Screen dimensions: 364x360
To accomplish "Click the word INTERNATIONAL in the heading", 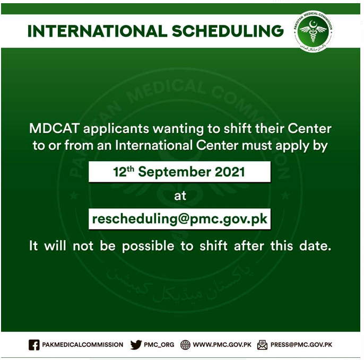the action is pos(97,31).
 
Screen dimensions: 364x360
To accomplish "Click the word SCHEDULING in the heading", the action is pos(228,31).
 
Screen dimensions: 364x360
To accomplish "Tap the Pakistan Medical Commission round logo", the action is pos(313,31).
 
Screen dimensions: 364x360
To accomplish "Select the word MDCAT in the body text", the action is pos(55,128).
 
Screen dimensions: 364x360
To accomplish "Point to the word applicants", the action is pos(116,129).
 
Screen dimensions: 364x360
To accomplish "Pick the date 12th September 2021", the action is pos(179,172).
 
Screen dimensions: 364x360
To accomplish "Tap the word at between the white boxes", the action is pos(180,196).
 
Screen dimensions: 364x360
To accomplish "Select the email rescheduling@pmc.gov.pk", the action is pos(180,219).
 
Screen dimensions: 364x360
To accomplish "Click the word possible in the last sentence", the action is pos(148,246).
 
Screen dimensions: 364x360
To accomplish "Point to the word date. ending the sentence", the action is pos(315,245).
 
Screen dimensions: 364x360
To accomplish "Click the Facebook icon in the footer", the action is pos(34,345).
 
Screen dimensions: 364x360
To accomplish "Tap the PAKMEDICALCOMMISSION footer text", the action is pos(83,345).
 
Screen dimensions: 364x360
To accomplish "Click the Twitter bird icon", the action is pos(136,345).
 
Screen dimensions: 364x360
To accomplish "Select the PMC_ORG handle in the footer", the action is pos(159,345).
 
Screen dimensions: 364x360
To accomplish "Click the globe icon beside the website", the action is pos(185,345).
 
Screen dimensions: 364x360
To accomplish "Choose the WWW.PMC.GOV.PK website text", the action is pos(222,345).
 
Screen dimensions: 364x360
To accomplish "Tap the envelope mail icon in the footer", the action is pos(262,345).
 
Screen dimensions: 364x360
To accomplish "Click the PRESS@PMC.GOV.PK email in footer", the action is pos(301,345).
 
